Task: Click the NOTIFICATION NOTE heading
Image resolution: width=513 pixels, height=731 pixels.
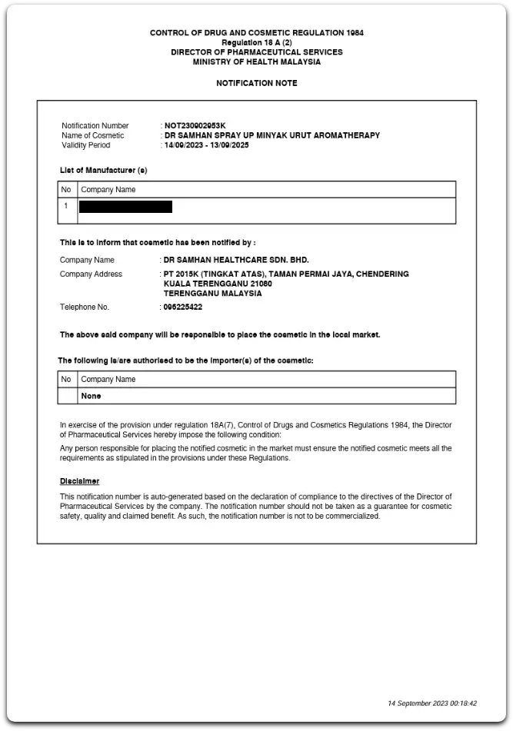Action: tap(256, 83)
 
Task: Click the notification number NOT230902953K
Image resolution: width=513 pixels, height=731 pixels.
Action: tap(196, 125)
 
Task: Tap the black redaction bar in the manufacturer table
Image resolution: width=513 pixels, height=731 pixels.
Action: tap(125, 206)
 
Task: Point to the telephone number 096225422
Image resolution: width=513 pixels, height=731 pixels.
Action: tap(184, 307)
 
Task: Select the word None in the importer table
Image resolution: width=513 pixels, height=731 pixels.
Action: tap(91, 396)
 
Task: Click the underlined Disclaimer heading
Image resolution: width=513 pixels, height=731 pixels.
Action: tap(79, 481)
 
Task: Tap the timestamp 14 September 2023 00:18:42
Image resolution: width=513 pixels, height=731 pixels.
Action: tap(432, 703)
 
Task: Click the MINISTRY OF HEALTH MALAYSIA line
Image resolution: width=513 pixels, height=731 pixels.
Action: tap(256, 62)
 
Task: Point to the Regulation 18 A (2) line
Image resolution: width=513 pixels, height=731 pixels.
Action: tap(256, 42)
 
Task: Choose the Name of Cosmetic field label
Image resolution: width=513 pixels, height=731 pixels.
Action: tap(92, 135)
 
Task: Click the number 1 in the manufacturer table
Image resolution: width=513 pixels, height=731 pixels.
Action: tap(66, 206)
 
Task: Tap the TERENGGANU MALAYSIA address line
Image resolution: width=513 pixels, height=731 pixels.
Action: tap(213, 293)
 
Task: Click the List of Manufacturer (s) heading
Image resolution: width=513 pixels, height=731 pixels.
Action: tap(103, 170)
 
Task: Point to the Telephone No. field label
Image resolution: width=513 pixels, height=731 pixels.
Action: tap(85, 307)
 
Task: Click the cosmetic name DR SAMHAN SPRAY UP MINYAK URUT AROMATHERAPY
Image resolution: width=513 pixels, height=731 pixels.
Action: tap(272, 135)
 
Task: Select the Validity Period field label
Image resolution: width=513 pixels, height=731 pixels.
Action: tap(85, 145)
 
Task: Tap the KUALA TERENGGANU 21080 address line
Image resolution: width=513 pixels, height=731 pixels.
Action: tap(218, 284)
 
